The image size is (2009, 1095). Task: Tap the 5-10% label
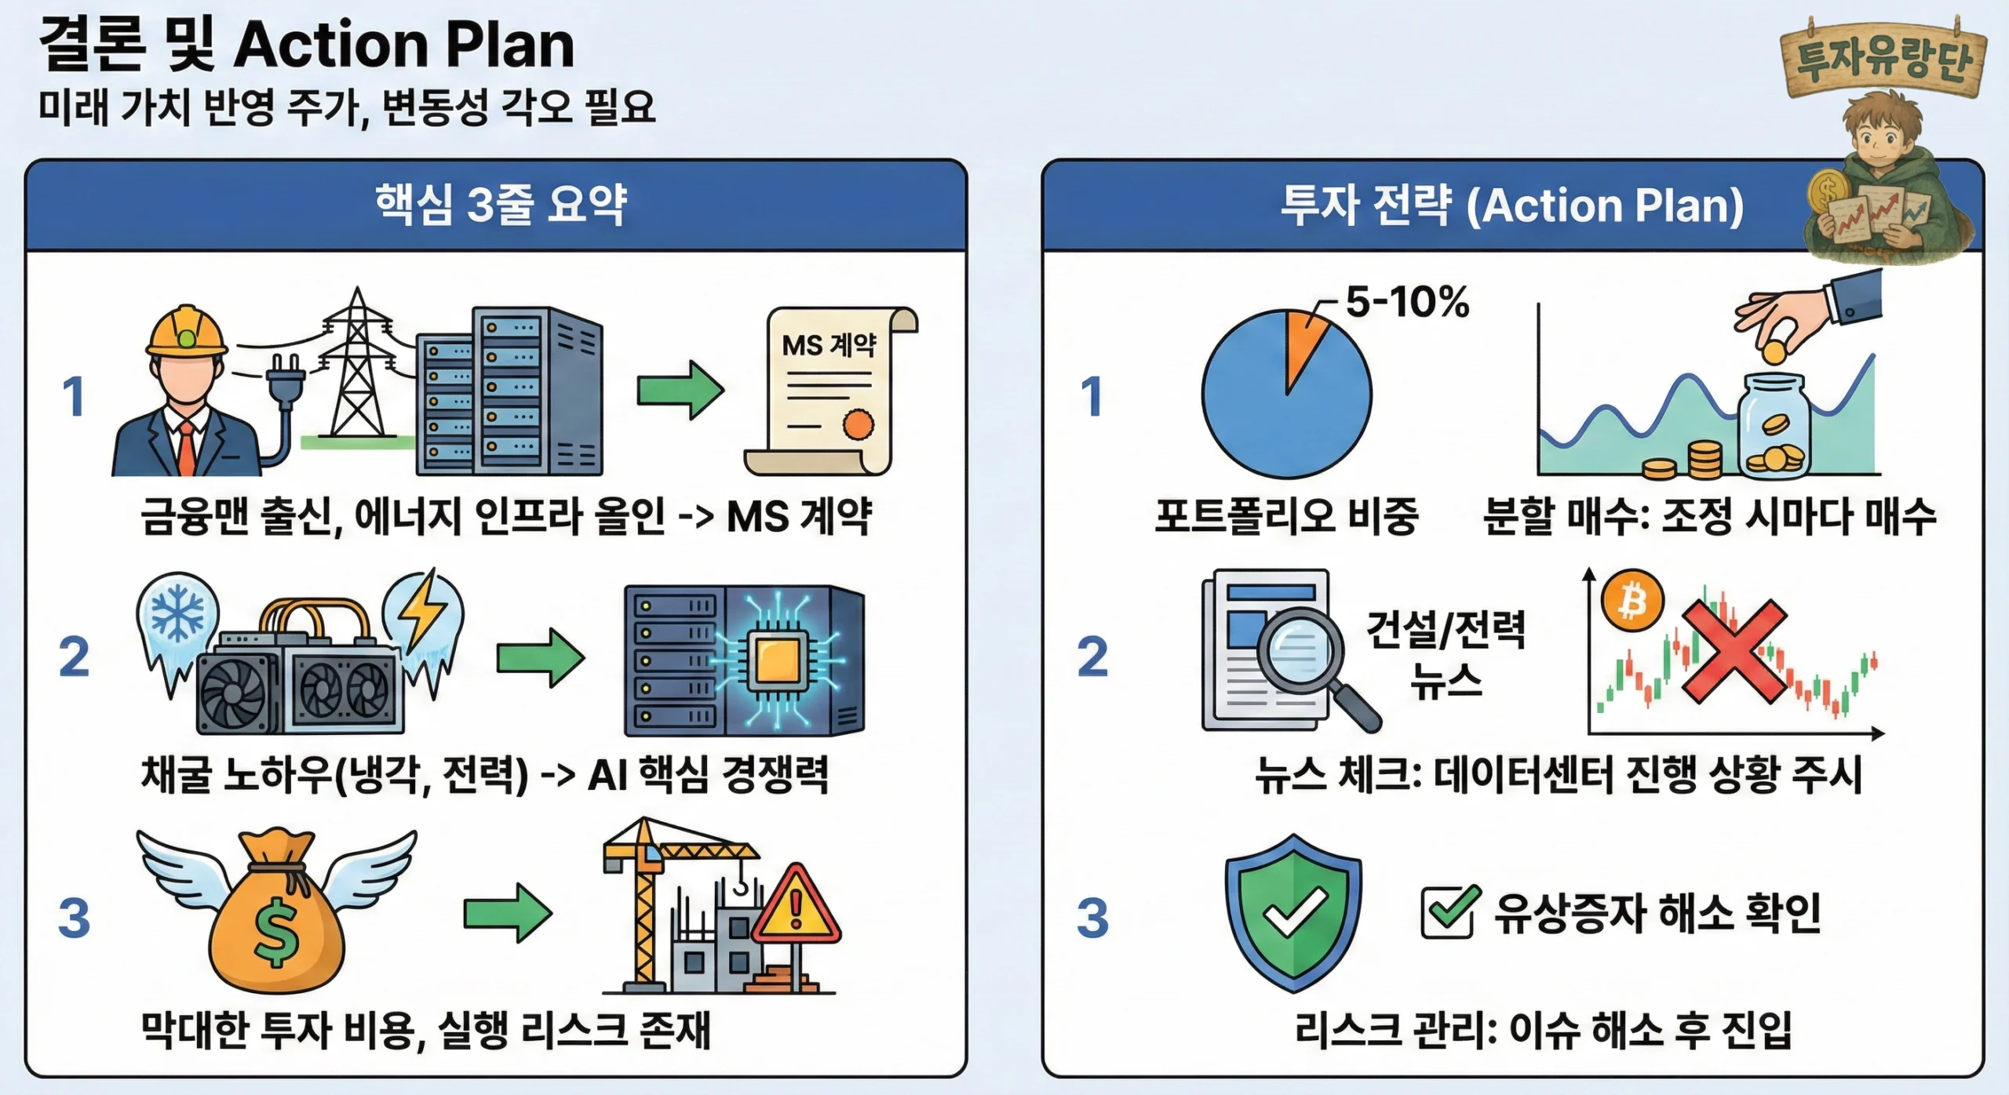pos(1408,301)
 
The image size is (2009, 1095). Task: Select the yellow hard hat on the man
pos(187,330)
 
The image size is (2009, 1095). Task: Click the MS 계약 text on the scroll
pos(829,344)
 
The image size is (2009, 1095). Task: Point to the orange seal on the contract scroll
pos(858,424)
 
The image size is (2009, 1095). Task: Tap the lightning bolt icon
pos(422,609)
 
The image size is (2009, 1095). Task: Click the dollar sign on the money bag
pos(276,933)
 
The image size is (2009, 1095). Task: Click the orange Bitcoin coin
pos(1632,601)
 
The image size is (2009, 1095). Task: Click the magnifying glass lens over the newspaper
pos(1300,649)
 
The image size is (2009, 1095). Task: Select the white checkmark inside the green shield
pos(1294,911)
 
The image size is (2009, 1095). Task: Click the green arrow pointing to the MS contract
pos(680,389)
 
